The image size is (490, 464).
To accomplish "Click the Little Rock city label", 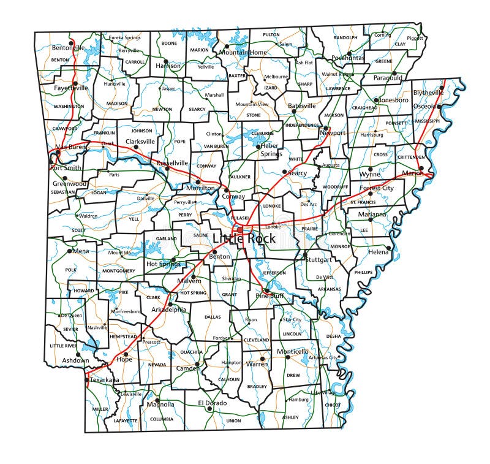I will pos(243,238).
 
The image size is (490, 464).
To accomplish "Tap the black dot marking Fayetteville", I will pos(75,83).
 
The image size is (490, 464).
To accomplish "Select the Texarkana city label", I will pos(104,380).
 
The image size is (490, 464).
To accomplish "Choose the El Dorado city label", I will pos(213,403).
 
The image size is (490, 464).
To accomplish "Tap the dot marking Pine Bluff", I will pos(266,291).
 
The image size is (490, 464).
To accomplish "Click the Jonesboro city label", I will pos(393,100).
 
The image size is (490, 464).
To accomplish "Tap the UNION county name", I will pos(233,421).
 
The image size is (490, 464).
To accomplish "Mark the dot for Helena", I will pos(388,248).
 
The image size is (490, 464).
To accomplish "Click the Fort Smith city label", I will pos(66,168).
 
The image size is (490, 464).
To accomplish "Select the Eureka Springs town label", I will pos(124,38).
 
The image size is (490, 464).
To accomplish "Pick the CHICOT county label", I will pos(333,405).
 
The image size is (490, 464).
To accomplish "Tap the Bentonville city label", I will pos(69,48).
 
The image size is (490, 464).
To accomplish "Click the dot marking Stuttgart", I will pos(305,254).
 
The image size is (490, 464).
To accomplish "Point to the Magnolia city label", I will pos(160,405).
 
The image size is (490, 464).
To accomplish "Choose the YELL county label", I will pos(135,218).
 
